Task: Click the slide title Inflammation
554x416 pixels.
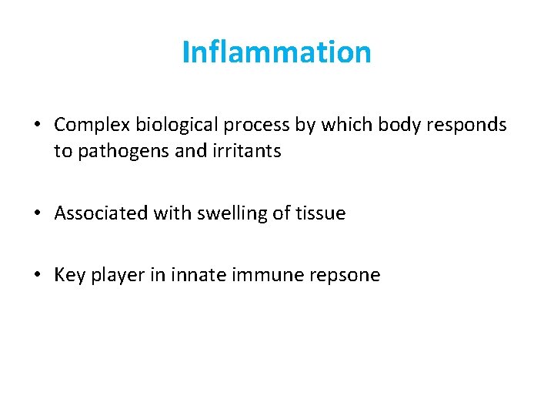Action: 277,52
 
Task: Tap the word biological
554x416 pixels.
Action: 166,125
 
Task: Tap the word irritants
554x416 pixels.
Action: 248,151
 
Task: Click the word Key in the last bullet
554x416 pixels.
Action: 69,276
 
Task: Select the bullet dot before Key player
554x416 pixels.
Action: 38,276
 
